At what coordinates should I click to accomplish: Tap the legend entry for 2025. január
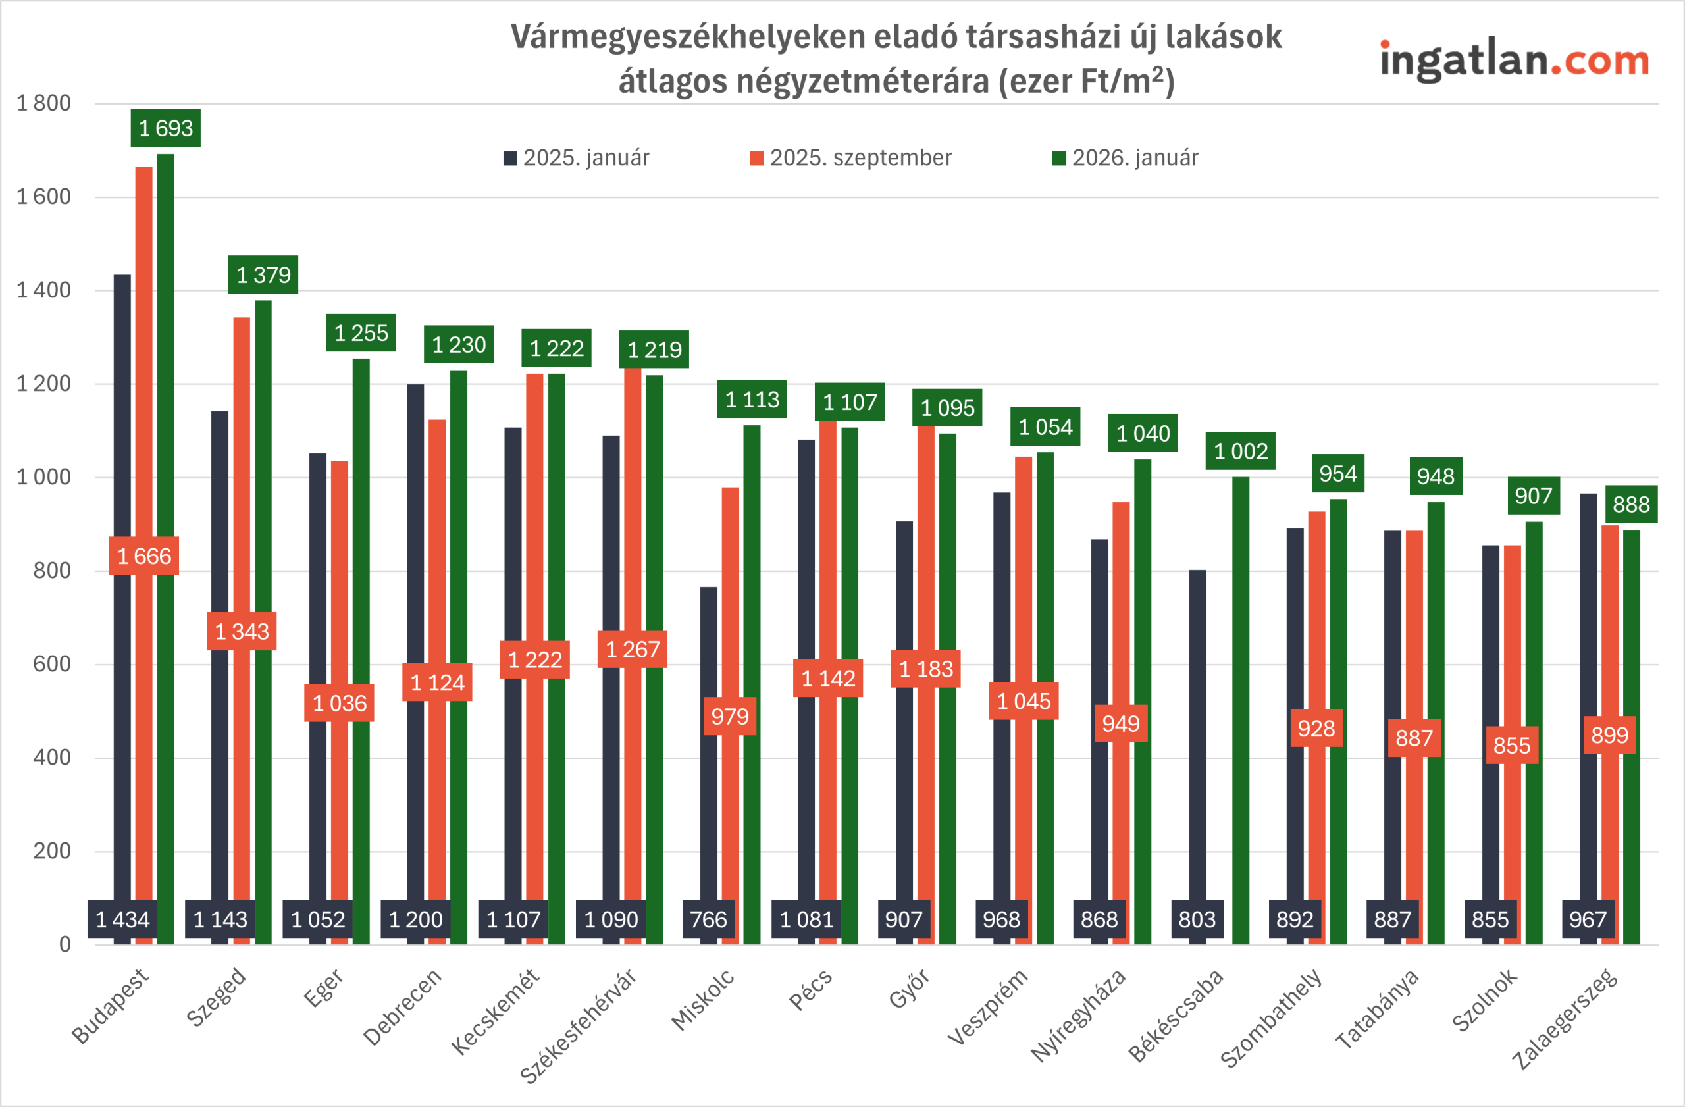click(x=577, y=158)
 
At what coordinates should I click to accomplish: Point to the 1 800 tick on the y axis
click(x=44, y=103)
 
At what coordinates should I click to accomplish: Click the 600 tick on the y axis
click(x=52, y=664)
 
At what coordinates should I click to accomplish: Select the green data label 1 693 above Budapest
click(x=166, y=128)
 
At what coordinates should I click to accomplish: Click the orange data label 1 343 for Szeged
click(x=242, y=631)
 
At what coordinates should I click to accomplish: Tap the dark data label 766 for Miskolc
click(x=708, y=919)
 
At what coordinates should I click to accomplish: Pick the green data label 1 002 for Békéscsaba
click(x=1241, y=451)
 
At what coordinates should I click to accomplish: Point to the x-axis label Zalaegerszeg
click(x=1565, y=1019)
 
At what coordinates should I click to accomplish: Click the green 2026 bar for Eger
click(x=361, y=637)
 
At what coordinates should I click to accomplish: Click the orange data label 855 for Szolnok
click(x=1511, y=745)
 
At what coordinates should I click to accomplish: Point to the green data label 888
click(x=1631, y=504)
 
